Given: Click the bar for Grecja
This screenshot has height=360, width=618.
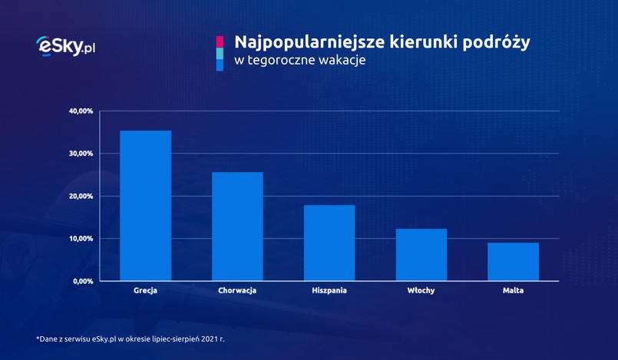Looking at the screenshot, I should point(145,206).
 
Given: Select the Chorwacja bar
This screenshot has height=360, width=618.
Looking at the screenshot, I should point(237,226).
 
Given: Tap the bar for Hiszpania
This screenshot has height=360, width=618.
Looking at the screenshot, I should point(329,243).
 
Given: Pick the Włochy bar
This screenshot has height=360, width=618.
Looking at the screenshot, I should point(421,255).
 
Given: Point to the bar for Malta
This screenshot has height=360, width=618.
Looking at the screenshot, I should point(513,262).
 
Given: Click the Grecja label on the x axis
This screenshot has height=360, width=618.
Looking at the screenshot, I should point(145,291).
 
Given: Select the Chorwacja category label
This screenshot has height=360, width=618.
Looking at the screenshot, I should point(237,291).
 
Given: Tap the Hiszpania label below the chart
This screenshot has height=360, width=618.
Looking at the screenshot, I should point(329,291).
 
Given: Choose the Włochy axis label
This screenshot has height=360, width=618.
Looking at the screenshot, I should point(421,291).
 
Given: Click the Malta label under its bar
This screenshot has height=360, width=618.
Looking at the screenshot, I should point(513,291).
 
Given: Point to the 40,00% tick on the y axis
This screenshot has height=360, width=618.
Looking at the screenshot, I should point(81,111).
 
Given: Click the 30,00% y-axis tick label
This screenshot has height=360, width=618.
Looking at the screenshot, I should point(81,154).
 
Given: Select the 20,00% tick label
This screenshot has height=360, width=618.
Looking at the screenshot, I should point(81,197).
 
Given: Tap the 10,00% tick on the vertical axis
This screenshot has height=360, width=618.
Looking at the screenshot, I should point(81,239).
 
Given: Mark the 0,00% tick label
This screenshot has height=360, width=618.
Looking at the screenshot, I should point(83,282).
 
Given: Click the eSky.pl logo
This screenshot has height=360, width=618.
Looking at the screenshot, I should point(65,46).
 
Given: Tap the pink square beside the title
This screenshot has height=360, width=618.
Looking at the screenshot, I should point(220,41).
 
